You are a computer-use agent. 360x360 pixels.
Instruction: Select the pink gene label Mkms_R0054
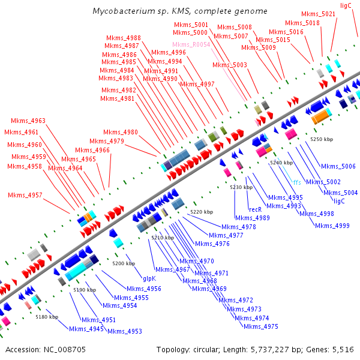[x=191, y=45]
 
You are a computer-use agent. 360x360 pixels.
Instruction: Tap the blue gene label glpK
[x=149, y=278]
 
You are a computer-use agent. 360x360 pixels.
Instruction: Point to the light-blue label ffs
[x=297, y=182]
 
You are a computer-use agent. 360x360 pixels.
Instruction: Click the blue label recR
[x=255, y=209]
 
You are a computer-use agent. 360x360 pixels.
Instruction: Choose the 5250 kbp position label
[x=321, y=139]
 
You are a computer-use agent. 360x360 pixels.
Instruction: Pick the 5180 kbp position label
[x=47, y=316]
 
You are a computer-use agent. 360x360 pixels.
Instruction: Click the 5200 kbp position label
[x=124, y=263]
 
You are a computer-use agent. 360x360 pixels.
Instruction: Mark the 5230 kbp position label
[x=241, y=187]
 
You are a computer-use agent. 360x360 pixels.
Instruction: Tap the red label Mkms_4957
[x=25, y=195]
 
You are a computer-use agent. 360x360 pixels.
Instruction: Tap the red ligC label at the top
[x=346, y=5]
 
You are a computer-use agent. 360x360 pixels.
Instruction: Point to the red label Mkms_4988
[x=123, y=38]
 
